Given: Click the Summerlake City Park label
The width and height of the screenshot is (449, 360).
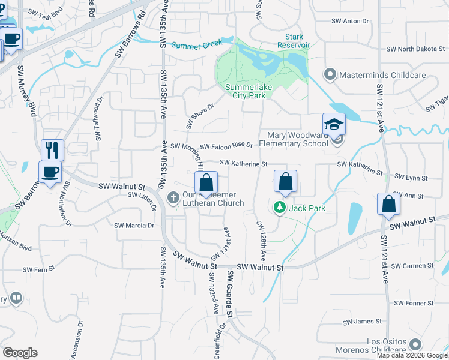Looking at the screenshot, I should coord(245,91).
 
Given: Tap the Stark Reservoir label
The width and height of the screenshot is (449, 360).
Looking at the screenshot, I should coord(294,41).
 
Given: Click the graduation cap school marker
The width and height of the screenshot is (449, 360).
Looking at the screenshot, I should coord(334,124).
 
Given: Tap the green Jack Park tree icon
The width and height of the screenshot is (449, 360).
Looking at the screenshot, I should coord(279,208).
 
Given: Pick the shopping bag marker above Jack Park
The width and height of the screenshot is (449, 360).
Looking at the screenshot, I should coord(286,181).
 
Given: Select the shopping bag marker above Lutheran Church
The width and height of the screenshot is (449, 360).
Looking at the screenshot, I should coord(206,183).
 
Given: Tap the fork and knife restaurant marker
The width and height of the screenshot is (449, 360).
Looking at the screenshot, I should coord(52,150).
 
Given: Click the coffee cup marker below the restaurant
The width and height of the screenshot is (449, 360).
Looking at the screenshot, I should coord(50,172).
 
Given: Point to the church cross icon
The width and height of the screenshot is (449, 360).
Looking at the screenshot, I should coord(173,197).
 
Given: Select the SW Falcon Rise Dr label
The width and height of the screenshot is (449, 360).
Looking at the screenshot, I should coord(226,146).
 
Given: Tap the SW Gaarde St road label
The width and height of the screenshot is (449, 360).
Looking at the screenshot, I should coord(229,294).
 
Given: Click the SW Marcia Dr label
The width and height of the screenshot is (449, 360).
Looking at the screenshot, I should coord(134,226).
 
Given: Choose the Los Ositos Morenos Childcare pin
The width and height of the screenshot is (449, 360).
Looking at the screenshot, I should coord(414,344).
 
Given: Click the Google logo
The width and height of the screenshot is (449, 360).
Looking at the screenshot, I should coord(20,353).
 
